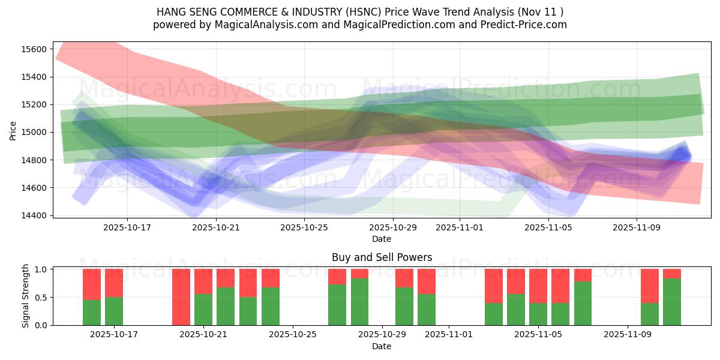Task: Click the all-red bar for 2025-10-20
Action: pos(181,297)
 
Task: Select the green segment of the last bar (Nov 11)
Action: pos(671,302)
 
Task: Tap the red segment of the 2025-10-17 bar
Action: pos(113,283)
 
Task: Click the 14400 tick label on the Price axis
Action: pos(35,215)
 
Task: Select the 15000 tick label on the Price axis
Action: pos(35,132)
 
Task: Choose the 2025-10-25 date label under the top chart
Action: pos(304,228)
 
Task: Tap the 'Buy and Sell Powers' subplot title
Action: pos(382,257)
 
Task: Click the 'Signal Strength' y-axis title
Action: pos(26,296)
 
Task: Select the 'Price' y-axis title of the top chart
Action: pos(13,130)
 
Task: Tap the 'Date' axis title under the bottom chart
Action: pos(382,346)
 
